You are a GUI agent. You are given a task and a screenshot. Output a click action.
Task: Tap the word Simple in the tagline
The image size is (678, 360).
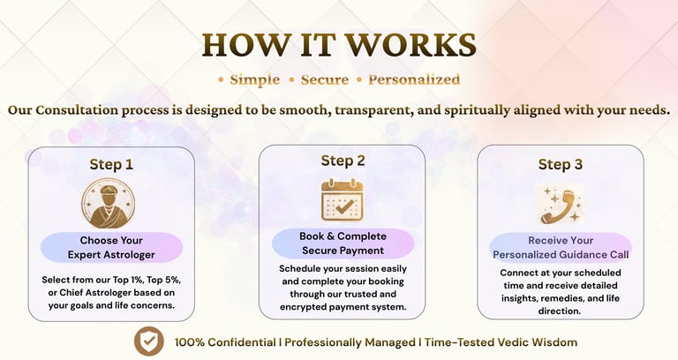pyautogui.click(x=254, y=80)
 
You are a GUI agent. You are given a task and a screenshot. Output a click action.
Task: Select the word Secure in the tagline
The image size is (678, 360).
pyautogui.click(x=325, y=79)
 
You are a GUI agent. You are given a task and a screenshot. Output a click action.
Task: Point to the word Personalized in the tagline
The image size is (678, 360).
pyautogui.click(x=414, y=79)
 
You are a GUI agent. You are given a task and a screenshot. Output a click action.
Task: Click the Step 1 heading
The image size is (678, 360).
pyautogui.click(x=111, y=164)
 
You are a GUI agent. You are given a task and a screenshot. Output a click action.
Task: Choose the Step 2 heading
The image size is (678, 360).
pyautogui.click(x=343, y=161)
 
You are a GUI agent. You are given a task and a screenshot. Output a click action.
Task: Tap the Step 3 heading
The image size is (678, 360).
pyautogui.click(x=561, y=164)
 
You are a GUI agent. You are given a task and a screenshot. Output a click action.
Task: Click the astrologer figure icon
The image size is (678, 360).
pyautogui.click(x=108, y=204)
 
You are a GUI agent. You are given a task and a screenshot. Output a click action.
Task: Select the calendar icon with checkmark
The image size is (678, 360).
pyautogui.click(x=342, y=200)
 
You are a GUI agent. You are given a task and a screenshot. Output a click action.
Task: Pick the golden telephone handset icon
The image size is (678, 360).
pyautogui.click(x=560, y=206)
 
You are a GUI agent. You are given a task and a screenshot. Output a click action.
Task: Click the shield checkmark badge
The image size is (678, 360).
pyautogui.click(x=148, y=341)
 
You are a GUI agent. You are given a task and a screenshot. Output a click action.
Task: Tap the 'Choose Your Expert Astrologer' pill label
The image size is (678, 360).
pyautogui.click(x=111, y=248)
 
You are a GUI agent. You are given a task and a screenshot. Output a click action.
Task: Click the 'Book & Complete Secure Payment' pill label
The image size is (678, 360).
pyautogui.click(x=343, y=244)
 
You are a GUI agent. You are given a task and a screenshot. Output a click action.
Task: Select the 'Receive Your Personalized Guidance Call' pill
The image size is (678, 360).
pyautogui.click(x=561, y=248)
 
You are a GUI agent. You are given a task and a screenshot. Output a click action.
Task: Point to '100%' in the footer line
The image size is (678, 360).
pyautogui.click(x=190, y=342)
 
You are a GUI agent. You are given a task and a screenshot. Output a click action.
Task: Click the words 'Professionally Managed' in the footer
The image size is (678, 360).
pyautogui.click(x=350, y=342)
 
